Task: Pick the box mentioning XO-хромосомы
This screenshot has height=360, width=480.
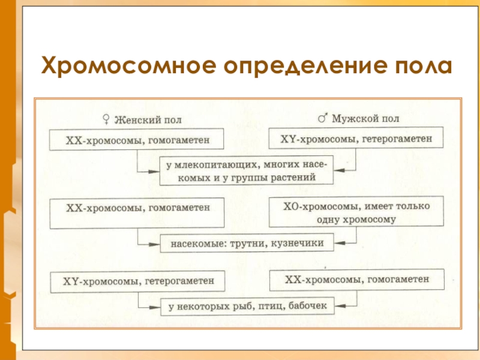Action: (x=356, y=212)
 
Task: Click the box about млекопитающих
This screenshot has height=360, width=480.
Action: (x=247, y=170)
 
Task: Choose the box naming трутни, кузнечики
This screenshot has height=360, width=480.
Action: (x=247, y=244)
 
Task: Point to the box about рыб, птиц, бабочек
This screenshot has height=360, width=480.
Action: (x=247, y=307)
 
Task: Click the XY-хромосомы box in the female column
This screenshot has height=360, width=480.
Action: (x=138, y=281)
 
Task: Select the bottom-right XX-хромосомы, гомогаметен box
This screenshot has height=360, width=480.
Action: (x=357, y=280)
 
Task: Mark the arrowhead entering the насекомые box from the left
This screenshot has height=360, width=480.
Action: (x=157, y=244)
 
